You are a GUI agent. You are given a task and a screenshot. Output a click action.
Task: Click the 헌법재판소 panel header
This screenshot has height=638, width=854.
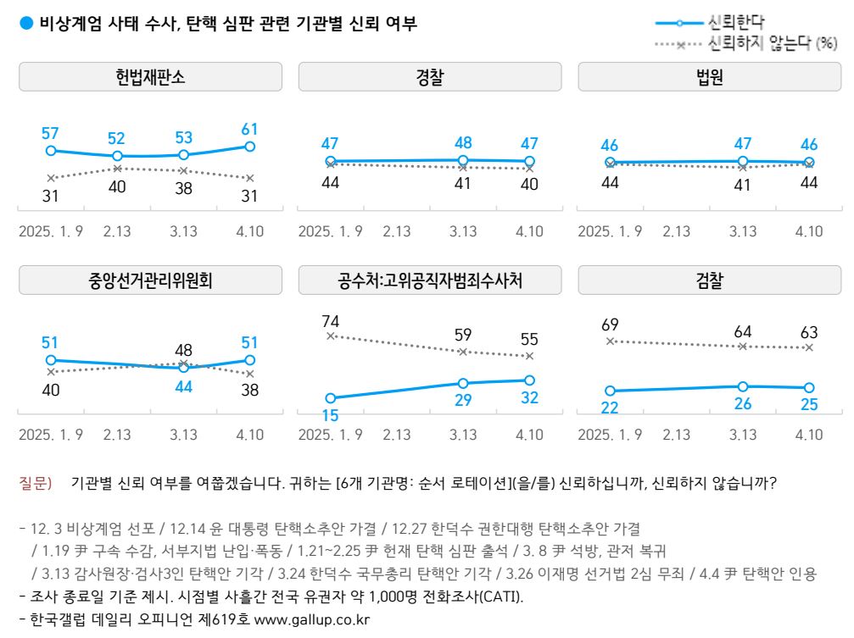[150, 78]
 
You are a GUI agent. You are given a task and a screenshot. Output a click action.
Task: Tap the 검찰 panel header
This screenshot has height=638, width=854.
[709, 280]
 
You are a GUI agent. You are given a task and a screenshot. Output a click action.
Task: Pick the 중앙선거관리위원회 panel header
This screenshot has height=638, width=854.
[150, 280]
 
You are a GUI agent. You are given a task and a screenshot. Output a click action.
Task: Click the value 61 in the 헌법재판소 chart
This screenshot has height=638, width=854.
[249, 130]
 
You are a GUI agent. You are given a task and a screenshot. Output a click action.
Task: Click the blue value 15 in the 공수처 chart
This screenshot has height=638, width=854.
[331, 415]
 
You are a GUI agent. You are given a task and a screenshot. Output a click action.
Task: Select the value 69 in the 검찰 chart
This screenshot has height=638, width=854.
[610, 325]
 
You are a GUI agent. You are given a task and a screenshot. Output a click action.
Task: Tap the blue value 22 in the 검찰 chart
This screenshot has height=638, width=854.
[610, 408]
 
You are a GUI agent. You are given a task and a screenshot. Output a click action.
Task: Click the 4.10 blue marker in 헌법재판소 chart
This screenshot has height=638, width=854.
[250, 147]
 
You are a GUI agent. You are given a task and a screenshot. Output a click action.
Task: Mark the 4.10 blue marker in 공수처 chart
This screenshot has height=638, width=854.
[529, 380]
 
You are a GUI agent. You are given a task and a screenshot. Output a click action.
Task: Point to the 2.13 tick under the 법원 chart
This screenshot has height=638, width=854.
[676, 231]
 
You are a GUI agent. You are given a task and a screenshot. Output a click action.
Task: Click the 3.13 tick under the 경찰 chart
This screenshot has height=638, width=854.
[463, 231]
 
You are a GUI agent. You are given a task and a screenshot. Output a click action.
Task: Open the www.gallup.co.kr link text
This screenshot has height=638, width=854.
[312, 619]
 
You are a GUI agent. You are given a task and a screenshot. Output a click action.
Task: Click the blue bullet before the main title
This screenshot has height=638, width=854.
[25, 24]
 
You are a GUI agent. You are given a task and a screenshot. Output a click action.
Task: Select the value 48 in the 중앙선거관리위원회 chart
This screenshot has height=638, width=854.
[183, 350]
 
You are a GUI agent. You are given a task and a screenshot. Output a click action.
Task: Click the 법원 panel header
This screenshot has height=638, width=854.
[709, 78]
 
